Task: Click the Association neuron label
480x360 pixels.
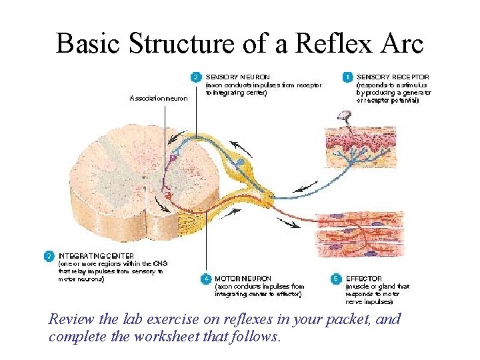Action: point(159,99)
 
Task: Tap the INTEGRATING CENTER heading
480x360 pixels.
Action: point(96,255)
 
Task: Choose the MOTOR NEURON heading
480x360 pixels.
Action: point(243,278)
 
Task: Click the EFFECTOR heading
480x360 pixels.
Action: point(363,278)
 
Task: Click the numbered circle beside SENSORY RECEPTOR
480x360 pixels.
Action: point(347,77)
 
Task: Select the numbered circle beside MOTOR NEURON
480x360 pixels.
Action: point(207,278)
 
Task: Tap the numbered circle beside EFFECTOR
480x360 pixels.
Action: point(337,278)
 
